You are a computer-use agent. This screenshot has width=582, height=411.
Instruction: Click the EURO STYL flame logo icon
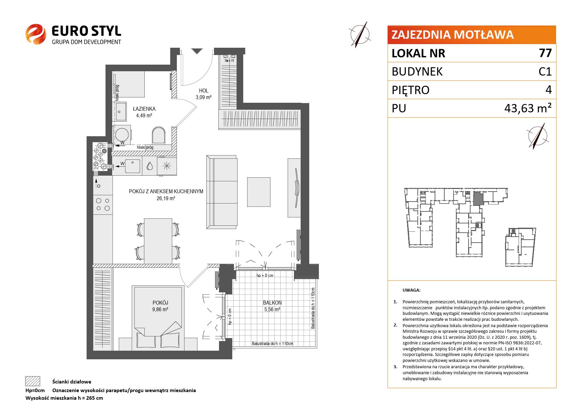click(36, 34)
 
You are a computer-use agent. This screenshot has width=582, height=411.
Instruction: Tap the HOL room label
click(204, 90)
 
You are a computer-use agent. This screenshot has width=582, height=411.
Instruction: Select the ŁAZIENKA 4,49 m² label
click(144, 112)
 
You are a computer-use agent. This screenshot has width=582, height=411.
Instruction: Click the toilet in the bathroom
click(159, 136)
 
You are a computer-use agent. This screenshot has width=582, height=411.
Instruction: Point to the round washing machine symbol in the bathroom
click(122, 135)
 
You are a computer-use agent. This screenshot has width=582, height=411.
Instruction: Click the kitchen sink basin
click(133, 166)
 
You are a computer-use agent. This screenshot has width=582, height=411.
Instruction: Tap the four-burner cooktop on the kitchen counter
click(103, 204)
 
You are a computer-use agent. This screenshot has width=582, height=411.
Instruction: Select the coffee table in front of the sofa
click(259, 192)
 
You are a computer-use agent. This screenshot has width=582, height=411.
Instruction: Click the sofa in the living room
click(222, 192)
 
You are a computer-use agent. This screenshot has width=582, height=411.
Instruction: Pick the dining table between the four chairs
click(158, 241)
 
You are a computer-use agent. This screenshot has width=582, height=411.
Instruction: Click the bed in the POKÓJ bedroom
click(158, 318)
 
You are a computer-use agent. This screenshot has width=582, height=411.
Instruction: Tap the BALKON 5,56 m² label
click(272, 306)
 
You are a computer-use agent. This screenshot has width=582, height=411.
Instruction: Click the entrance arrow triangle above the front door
click(197, 51)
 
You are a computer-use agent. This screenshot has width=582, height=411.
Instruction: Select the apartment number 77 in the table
click(545, 53)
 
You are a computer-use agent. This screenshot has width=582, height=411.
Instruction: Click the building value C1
click(545, 72)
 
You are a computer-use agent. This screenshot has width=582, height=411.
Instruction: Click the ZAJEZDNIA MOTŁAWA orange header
click(472, 35)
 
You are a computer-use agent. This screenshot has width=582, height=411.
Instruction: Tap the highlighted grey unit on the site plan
click(478, 200)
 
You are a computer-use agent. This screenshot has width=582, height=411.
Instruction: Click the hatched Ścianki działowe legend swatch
click(33, 381)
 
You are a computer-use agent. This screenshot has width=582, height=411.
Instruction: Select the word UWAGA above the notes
click(411, 290)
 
